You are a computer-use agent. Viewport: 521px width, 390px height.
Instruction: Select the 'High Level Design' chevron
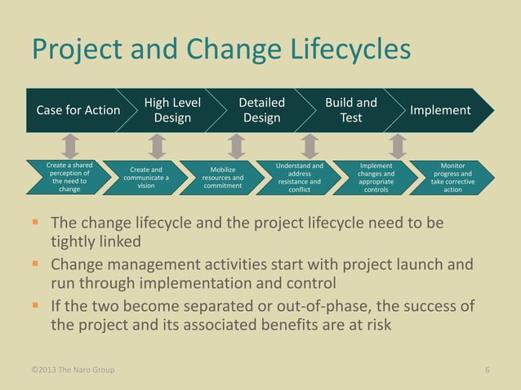tap(171, 110)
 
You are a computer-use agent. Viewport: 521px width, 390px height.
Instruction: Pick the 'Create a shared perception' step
tap(69, 177)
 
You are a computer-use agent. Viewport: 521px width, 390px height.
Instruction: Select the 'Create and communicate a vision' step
tap(145, 177)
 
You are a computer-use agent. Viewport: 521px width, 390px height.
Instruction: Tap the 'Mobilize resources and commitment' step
tap(222, 177)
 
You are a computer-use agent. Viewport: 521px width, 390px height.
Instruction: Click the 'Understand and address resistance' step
tap(299, 177)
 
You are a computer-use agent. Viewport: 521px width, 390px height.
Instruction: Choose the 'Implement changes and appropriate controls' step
tap(376, 177)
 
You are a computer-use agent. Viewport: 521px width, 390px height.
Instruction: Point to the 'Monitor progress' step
tap(452, 177)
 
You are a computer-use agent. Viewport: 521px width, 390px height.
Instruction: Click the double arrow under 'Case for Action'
tap(71, 146)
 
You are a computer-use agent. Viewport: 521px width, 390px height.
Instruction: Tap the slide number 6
tap(487, 370)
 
